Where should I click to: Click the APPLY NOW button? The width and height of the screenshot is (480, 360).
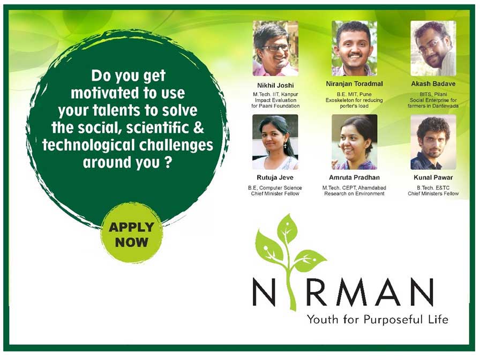[x=131, y=234]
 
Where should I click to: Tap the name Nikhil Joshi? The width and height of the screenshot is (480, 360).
[x=275, y=85]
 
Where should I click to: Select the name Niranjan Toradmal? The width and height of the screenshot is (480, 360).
[x=354, y=84]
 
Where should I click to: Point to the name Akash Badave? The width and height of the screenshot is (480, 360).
[x=433, y=84]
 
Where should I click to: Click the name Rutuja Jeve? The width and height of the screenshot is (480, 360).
[x=275, y=177]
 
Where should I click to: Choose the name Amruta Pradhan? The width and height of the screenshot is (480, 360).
[x=354, y=177]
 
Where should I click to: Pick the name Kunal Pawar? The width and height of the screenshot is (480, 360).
[x=433, y=177]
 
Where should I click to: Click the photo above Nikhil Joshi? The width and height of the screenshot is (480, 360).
[x=275, y=48]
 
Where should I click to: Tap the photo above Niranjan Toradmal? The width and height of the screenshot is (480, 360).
[x=354, y=48]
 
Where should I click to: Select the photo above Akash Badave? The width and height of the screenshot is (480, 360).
[x=433, y=48]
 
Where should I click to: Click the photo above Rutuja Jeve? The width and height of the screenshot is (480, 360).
[x=275, y=142]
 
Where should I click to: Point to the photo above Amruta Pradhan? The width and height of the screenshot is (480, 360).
[x=354, y=142]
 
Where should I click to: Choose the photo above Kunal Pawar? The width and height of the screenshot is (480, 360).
[x=433, y=142]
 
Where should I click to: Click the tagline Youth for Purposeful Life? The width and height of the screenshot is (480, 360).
[x=378, y=320]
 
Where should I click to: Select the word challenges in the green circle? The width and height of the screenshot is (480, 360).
[x=176, y=145]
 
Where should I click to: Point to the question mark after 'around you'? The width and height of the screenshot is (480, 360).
[x=167, y=162]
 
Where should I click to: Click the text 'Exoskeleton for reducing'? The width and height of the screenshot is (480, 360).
[x=354, y=100]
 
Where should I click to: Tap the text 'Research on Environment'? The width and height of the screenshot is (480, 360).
[x=354, y=194]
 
